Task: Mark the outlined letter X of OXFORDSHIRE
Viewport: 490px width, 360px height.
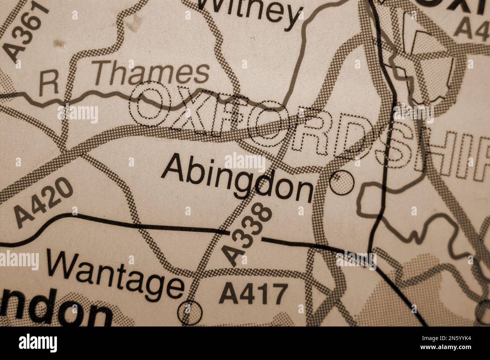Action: pyautogui.click(x=188, y=109)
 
